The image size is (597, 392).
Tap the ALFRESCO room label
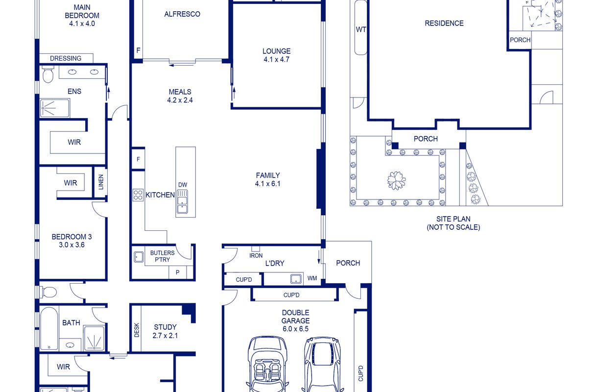click(x=182, y=14)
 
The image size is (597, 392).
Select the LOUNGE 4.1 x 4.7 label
click(x=276, y=55)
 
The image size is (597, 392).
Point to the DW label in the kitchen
click(x=183, y=185)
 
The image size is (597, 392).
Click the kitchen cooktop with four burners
click(x=138, y=195)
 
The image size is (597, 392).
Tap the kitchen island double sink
click(x=183, y=202)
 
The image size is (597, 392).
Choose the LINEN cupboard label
click(x=101, y=182)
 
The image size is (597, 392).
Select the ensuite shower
click(x=55, y=108)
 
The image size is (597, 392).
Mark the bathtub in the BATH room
click(x=49, y=328)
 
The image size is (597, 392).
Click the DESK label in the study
click(x=137, y=330)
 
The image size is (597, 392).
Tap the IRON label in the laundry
click(x=256, y=256)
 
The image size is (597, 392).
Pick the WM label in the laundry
click(x=312, y=278)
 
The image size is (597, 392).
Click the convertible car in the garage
click(x=267, y=364)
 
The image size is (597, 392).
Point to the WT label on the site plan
click(x=361, y=29)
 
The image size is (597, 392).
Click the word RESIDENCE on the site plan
click(x=444, y=24)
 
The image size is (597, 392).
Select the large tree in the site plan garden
click(x=396, y=180)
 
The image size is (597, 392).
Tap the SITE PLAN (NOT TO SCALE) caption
click(x=454, y=223)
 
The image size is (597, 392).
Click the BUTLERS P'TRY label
click(x=162, y=256)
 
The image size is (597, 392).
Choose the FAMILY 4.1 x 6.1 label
click(x=268, y=179)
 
